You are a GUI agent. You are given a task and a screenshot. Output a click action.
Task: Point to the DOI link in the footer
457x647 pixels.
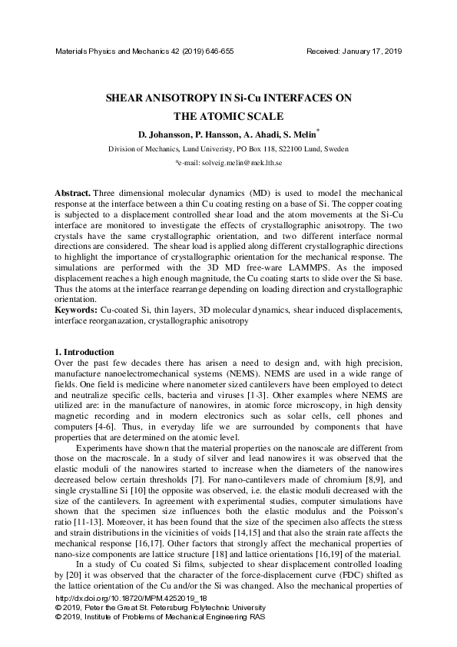[121, 596]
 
